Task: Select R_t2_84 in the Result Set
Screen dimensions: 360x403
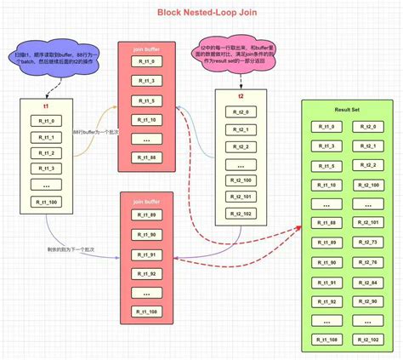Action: [368, 282]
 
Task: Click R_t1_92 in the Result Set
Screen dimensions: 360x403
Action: [327, 301]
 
